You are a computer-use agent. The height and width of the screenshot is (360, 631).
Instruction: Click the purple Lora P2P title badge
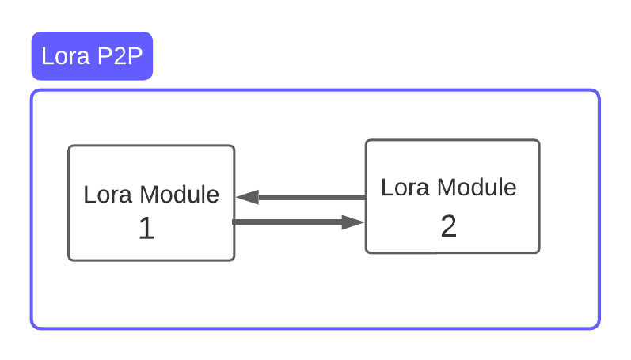click(92, 56)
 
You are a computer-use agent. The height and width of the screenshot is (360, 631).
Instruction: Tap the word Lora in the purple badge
click(65, 56)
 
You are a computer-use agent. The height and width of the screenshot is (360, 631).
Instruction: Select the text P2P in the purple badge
click(120, 56)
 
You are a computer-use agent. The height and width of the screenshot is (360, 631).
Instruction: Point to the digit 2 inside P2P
click(120, 56)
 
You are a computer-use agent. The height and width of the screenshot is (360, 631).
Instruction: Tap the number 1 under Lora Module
click(146, 228)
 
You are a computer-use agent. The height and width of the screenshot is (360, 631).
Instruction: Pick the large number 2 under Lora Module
click(449, 225)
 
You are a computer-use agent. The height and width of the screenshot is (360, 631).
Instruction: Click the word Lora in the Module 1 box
click(108, 195)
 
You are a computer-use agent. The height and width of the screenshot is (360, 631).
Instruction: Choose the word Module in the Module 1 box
click(180, 195)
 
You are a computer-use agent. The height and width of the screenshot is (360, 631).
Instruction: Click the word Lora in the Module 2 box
click(405, 188)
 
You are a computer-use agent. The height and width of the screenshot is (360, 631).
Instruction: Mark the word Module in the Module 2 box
click(477, 188)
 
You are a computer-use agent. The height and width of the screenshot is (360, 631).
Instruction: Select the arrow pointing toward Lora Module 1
click(301, 197)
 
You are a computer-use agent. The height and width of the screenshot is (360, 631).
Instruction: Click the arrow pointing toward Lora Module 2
click(298, 222)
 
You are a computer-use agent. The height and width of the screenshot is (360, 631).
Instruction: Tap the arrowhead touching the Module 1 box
click(247, 197)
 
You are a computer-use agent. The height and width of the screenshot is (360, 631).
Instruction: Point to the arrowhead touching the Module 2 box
click(353, 222)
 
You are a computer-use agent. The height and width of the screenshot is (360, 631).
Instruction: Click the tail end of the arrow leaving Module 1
click(233, 222)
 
